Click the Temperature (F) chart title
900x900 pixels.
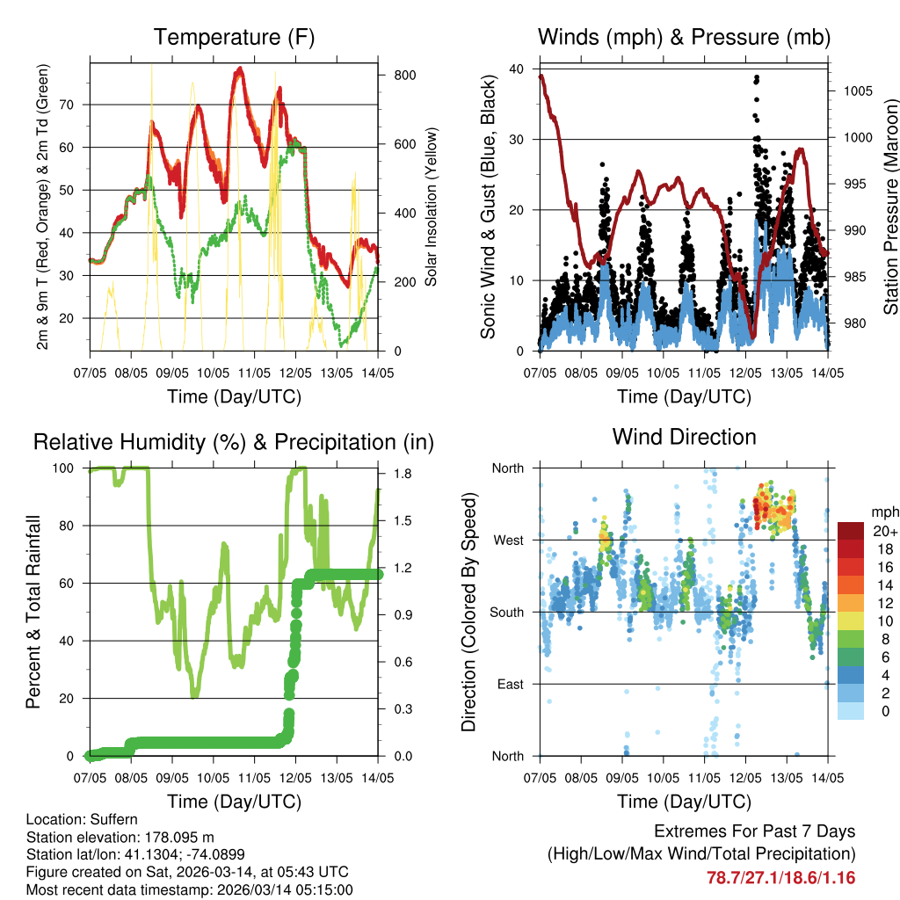[234, 38]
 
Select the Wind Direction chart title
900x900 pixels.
[684, 437]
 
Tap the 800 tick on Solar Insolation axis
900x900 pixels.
[404, 76]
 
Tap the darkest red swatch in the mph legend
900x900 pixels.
[851, 531]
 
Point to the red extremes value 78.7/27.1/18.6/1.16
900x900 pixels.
[780, 877]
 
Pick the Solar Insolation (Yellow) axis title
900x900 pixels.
[432, 207]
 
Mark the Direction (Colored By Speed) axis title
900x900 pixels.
[469, 612]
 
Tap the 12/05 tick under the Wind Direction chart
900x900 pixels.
[745, 778]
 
